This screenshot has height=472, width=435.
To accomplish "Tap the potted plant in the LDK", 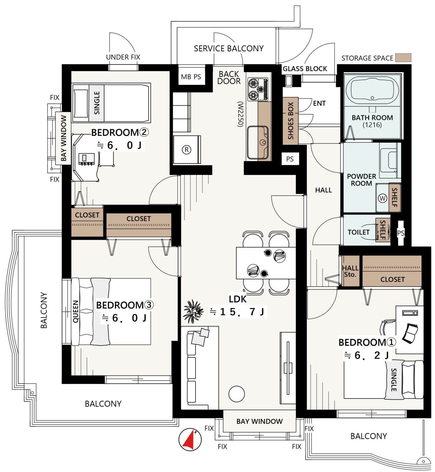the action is (193, 311).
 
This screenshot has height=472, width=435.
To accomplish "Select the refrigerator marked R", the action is (187, 150).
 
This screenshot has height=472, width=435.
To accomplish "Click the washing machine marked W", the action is (382, 198).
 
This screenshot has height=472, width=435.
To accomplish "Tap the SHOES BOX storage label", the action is (291, 121).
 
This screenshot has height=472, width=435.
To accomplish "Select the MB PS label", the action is (191, 77).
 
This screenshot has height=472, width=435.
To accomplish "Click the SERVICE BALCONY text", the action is (229, 48).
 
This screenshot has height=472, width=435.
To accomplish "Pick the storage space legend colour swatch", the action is (403, 58).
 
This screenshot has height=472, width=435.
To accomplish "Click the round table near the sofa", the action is (237, 393).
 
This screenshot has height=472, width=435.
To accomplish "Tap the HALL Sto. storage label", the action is (350, 271).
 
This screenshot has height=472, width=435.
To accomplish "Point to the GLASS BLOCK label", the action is (305, 69).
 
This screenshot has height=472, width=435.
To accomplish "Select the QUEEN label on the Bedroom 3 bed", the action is (75, 312).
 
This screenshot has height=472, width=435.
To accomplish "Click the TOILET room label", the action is (359, 232).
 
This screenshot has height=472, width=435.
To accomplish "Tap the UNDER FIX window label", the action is (123, 57).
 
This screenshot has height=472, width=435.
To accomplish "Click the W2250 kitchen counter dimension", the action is (240, 114).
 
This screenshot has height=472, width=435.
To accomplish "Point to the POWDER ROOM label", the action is (361, 180).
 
